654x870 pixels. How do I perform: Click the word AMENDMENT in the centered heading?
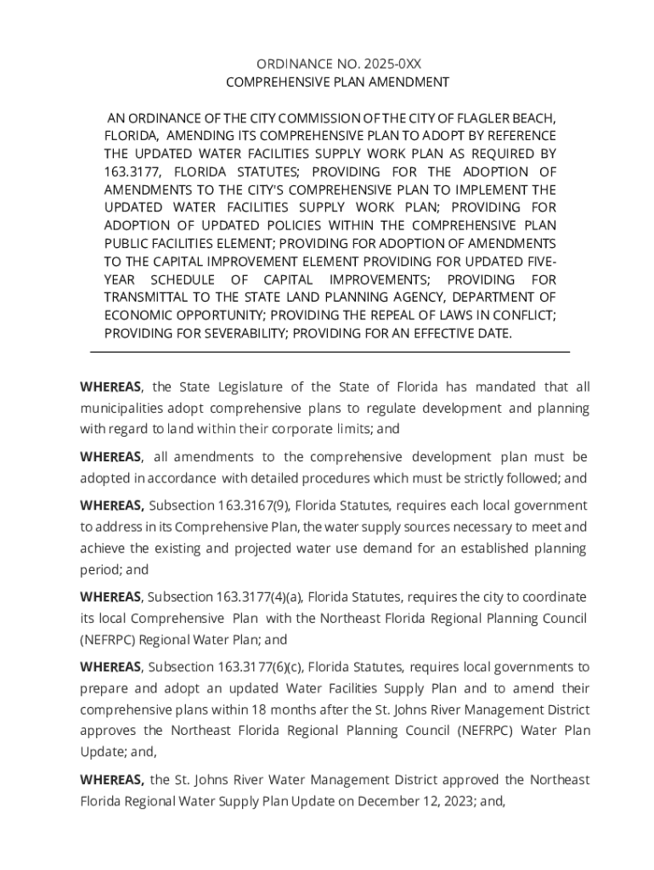[x=405, y=82]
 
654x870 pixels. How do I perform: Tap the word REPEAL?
[x=403, y=314]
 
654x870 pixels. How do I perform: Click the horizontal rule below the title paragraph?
[x=330, y=352]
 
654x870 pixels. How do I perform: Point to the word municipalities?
[x=122, y=408]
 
